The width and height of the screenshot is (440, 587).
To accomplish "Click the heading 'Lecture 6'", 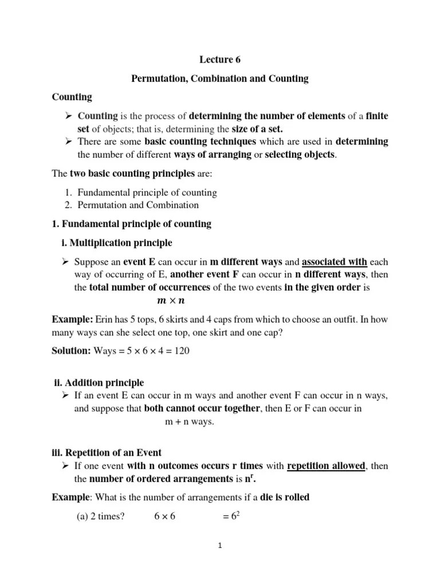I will click(x=220, y=59).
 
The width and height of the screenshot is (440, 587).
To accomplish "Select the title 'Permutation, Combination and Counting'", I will click(x=220, y=79).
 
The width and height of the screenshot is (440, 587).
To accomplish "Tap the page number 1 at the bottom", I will click(x=220, y=546).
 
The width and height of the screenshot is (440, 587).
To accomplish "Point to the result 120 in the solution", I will click(x=182, y=351).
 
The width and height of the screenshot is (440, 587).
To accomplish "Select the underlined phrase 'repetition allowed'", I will click(x=325, y=466).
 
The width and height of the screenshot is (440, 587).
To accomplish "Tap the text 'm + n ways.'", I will click(x=186, y=421).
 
